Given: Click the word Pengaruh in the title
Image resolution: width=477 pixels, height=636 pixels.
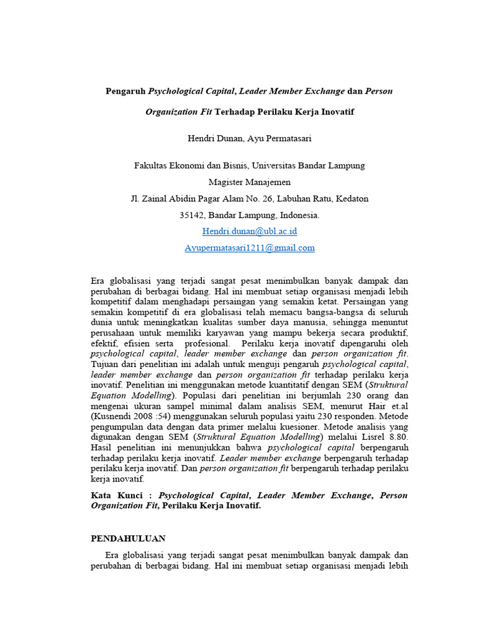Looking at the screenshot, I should click(126, 91).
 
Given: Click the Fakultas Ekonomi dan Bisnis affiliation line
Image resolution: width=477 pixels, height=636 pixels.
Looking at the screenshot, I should click(249, 166).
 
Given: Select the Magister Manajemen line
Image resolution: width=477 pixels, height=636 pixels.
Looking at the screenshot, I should click(249, 183).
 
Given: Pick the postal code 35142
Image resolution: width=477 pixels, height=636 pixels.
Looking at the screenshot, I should click(192, 216).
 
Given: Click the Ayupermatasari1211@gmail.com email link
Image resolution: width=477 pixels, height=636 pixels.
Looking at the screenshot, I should click(249, 248).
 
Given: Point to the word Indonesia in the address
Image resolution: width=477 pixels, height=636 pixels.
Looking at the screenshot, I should click(299, 216).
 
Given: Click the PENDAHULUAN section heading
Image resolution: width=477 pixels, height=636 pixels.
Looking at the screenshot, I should click(128, 538).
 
